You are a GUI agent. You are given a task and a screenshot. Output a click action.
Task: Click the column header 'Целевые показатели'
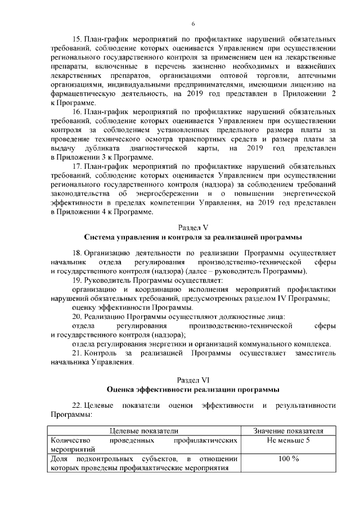click(x=143, y=431)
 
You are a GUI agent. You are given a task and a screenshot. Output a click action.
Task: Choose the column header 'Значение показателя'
click(x=289, y=431)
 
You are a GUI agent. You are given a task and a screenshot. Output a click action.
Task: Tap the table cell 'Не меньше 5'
click(x=289, y=440)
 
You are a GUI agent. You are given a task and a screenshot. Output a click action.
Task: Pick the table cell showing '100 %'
click(x=289, y=459)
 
